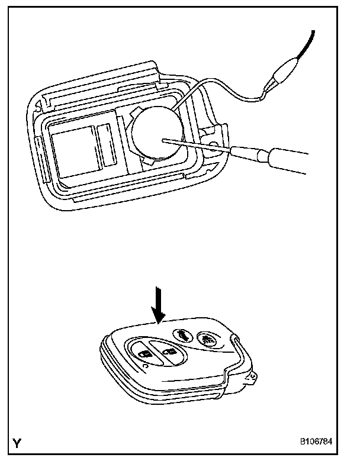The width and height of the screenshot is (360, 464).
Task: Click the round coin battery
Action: point(155,135)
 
